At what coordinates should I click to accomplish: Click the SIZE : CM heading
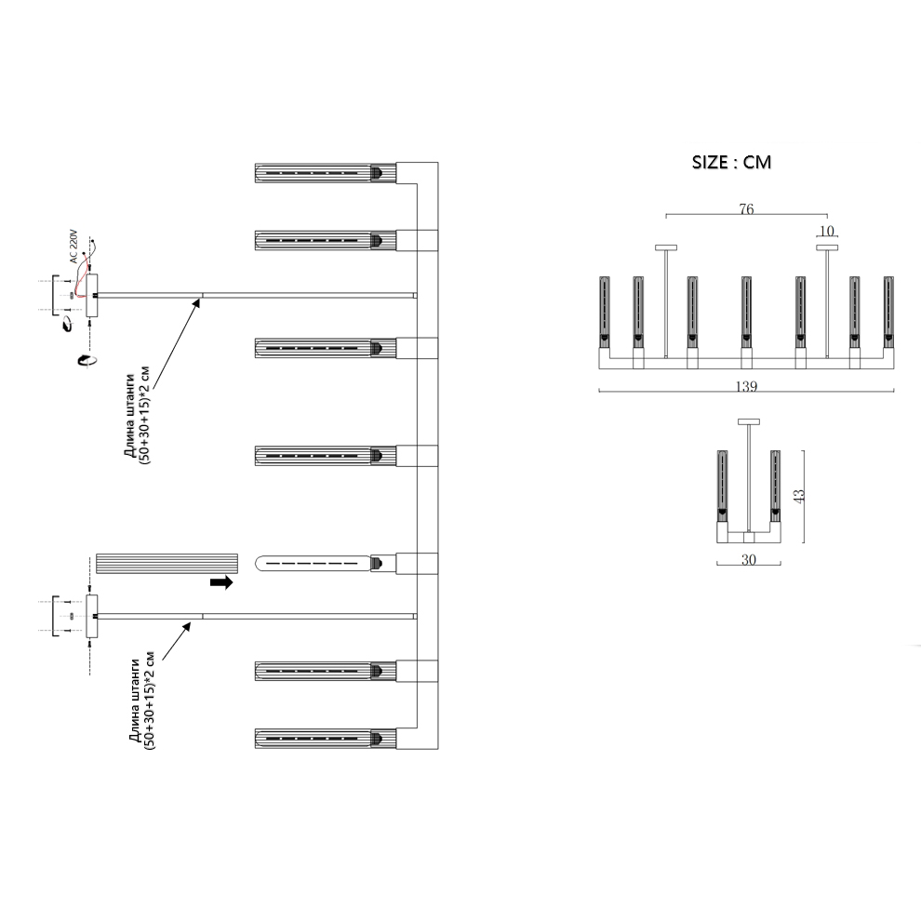pyautogui.click(x=731, y=162)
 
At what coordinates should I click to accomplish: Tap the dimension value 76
pyautogui.click(x=746, y=209)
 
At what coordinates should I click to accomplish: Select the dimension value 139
pyautogui.click(x=746, y=386)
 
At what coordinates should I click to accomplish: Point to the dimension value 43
pyautogui.click(x=799, y=495)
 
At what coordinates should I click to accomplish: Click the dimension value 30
pyautogui.click(x=748, y=560)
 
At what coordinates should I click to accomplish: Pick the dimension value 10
pyautogui.click(x=826, y=231)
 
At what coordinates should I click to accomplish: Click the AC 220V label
pyautogui.click(x=73, y=247)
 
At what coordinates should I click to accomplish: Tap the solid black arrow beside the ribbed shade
pyautogui.click(x=222, y=582)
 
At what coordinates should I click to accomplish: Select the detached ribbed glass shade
pyautogui.click(x=167, y=563)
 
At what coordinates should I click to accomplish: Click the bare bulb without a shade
pyautogui.click(x=318, y=563)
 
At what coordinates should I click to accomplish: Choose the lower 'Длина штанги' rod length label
pyautogui.click(x=142, y=701)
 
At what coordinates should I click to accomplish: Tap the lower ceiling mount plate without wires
pyautogui.click(x=92, y=616)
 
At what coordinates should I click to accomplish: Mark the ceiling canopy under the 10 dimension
pyautogui.click(x=827, y=247)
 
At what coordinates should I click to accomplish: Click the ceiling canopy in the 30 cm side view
pyautogui.click(x=749, y=421)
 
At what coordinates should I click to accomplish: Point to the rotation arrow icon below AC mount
pyautogui.click(x=87, y=359)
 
